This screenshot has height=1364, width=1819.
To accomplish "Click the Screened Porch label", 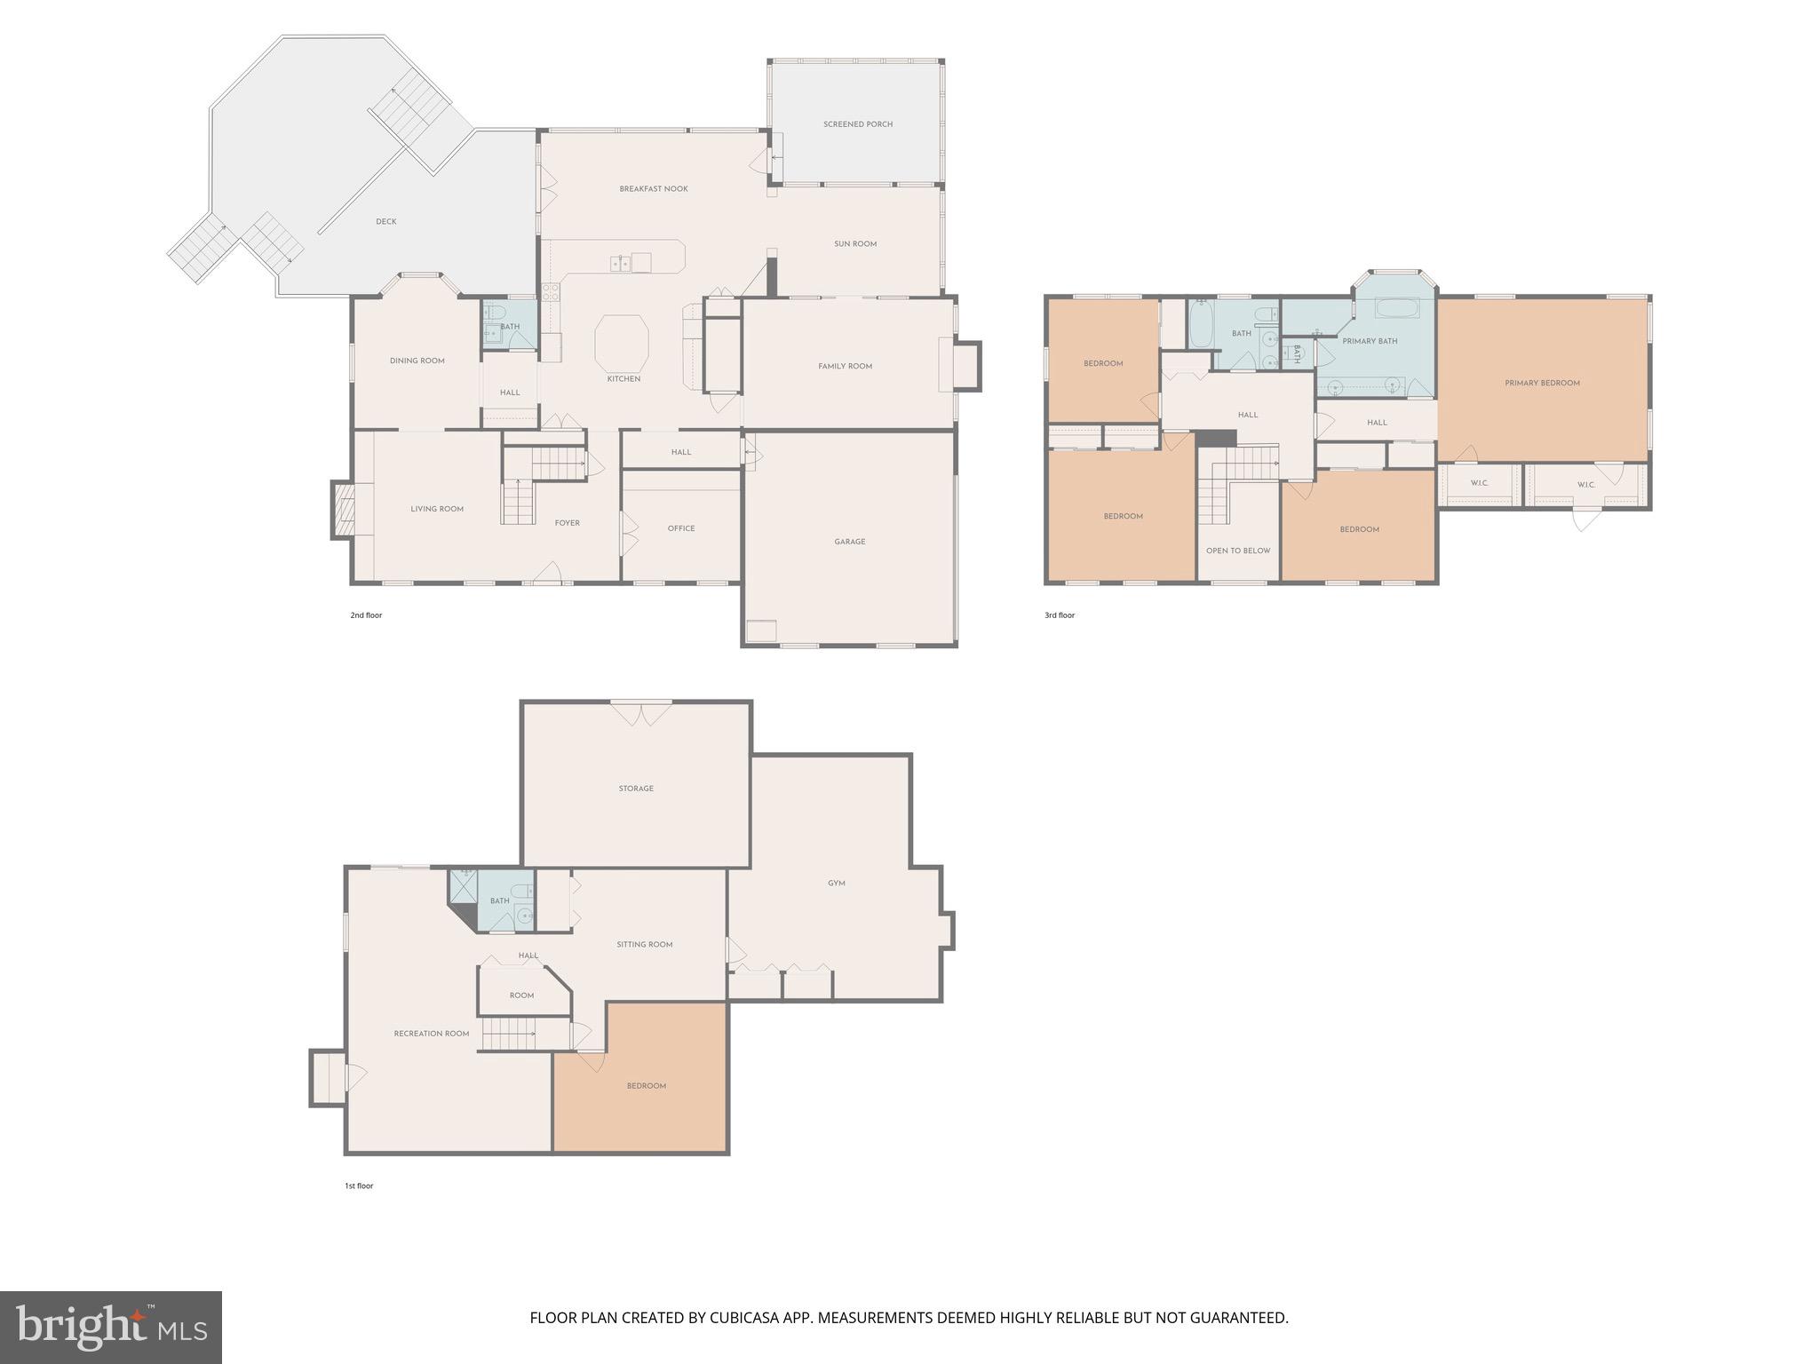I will [857, 124].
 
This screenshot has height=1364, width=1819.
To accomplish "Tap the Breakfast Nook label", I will [654, 189].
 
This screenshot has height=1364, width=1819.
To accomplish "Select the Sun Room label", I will [854, 244].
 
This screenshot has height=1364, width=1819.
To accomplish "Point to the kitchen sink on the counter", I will [621, 263].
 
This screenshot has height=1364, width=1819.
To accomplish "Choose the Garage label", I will [849, 542].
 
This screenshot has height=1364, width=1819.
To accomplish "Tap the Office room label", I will [681, 528].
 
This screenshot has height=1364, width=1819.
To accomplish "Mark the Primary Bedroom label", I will [1542, 384].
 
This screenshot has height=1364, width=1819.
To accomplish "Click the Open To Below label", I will [1238, 551].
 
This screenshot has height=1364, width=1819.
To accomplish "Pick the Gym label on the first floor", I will [836, 884].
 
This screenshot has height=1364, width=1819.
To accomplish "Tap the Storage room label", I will [636, 789].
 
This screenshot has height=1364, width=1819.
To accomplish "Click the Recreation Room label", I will [432, 1034].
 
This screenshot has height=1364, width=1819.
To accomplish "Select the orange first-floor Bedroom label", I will [646, 1086].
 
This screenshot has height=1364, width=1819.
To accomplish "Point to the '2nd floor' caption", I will [366, 615].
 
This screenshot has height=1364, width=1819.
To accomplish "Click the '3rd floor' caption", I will [1059, 615].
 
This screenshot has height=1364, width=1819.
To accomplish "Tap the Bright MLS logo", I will [111, 1327].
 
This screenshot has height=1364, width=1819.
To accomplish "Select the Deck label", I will [385, 222].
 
